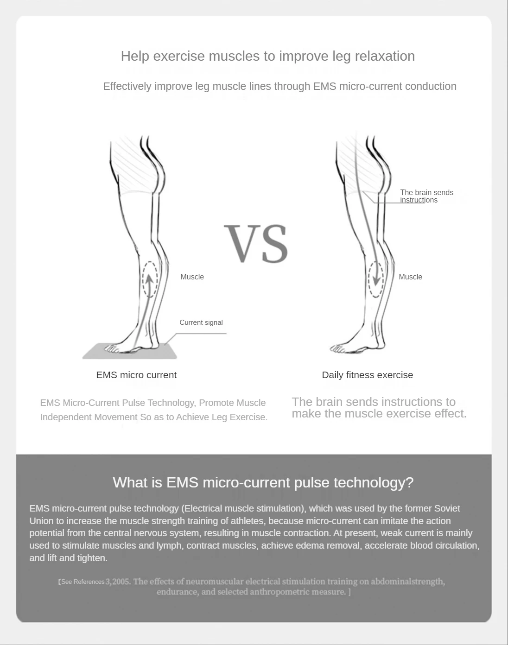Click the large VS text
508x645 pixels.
256,244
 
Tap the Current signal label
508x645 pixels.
201,322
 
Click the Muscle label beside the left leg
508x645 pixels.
192,277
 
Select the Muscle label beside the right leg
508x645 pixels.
410,277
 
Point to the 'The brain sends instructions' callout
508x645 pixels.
426,196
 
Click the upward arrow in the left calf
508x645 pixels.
149,280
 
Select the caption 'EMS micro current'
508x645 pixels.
136,375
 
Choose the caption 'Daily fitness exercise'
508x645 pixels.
367,375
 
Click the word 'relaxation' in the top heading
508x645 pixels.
384,56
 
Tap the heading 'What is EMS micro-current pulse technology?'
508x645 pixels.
263,482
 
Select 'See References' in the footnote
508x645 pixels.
83,582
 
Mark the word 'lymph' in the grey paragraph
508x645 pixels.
169,545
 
